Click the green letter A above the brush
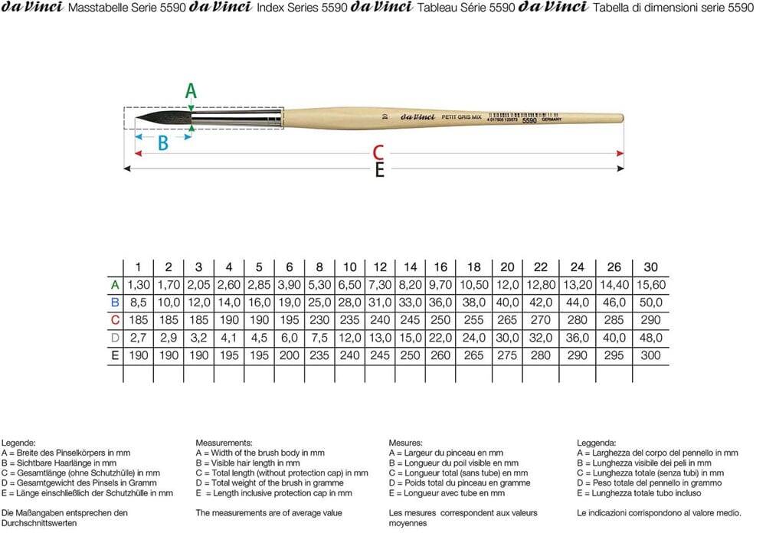coord(191,91)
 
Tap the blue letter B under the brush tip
coord(163,143)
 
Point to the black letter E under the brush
coord(379,171)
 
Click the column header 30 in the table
coord(650,267)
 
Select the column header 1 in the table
coord(138,267)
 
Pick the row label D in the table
coord(115,338)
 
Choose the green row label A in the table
coord(115,285)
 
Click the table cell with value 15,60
coord(650,285)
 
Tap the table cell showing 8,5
coord(138,303)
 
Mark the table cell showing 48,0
coord(650,338)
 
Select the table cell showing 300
coord(650,355)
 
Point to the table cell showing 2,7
coord(138,338)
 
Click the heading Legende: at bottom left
coord(18,443)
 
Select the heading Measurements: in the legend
coord(224,443)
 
